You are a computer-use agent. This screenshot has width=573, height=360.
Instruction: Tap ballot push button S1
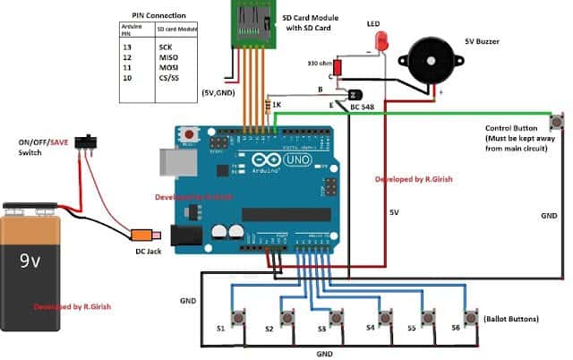point(239,318)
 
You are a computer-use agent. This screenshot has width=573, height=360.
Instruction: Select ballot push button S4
point(385,318)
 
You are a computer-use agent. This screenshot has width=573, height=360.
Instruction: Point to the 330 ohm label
point(319,64)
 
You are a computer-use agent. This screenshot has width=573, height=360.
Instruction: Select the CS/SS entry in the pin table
point(170,79)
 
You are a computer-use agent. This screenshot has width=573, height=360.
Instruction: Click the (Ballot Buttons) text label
point(512,319)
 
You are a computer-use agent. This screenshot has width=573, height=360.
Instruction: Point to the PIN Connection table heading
point(157,15)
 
